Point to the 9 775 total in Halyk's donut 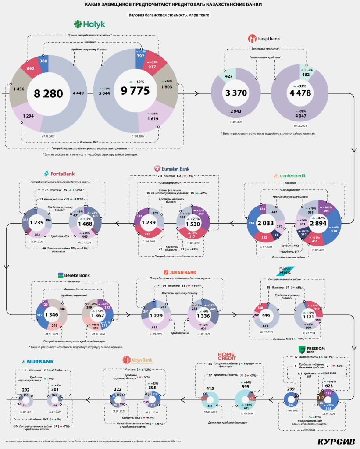tap(135, 91)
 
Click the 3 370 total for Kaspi tap(236, 93)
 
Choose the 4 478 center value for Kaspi tap(300, 93)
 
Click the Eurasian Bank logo tap(171, 169)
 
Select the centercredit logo tap(289, 176)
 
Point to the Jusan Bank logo tap(180, 272)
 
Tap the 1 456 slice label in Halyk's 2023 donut tap(19, 89)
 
